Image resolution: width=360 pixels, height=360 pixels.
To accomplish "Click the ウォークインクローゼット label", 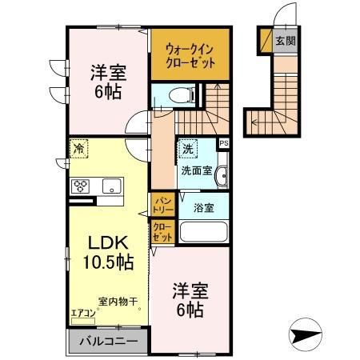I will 190,54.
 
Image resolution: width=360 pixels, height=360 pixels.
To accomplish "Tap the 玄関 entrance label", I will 285,40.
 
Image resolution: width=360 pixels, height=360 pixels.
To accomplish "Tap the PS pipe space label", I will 223,144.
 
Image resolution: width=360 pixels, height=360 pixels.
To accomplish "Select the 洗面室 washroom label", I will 196,170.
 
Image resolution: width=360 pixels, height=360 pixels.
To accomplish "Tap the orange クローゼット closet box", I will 161,233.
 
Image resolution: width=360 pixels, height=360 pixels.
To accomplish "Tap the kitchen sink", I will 110,188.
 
